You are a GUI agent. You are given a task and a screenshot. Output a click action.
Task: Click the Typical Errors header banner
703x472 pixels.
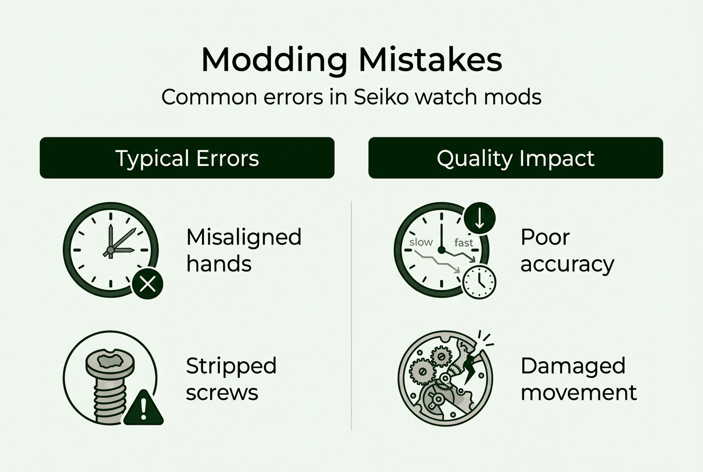click(x=187, y=158)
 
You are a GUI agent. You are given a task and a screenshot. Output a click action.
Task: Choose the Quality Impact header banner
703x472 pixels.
click(x=516, y=158)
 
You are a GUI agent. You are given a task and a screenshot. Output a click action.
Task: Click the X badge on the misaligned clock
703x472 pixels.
click(x=147, y=285)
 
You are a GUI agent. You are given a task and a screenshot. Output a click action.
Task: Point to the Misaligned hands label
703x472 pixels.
click(x=244, y=250)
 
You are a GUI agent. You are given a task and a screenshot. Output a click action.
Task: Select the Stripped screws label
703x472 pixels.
click(x=231, y=379)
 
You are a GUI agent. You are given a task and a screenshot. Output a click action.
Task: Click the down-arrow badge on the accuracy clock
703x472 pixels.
click(x=480, y=219)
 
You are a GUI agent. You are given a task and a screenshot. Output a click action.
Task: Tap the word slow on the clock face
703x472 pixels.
click(x=421, y=243)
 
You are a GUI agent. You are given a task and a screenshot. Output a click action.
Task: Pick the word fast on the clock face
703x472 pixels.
click(x=463, y=243)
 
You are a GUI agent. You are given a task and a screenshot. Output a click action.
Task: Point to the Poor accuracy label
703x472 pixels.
click(x=567, y=250)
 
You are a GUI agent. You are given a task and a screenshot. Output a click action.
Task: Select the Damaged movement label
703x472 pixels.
click(x=578, y=379)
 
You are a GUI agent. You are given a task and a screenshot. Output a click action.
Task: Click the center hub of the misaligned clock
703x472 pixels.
click(x=110, y=251)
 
